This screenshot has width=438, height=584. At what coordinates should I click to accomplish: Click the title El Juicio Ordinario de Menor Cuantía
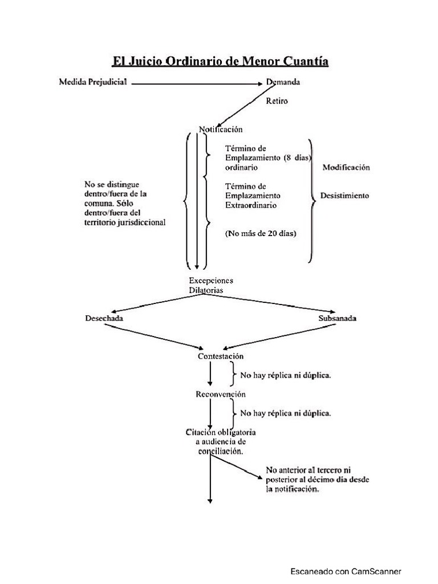(x=220, y=61)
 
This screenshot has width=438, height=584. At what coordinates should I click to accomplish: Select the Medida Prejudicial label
(x=94, y=82)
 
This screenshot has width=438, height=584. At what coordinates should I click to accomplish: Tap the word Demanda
(x=283, y=82)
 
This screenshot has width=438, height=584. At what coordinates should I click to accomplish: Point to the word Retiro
(x=277, y=102)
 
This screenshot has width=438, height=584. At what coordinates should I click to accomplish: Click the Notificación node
(x=221, y=129)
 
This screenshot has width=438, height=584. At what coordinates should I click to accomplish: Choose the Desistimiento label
(x=344, y=196)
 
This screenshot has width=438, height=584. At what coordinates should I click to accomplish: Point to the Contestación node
(x=221, y=356)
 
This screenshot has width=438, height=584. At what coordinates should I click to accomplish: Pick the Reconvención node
(x=221, y=394)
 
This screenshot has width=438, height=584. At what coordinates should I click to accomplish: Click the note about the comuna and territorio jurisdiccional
(x=124, y=204)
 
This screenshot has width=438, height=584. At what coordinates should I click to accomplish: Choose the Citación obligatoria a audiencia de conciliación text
(x=220, y=441)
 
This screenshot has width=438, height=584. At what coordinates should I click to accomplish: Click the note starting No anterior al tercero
(x=317, y=480)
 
